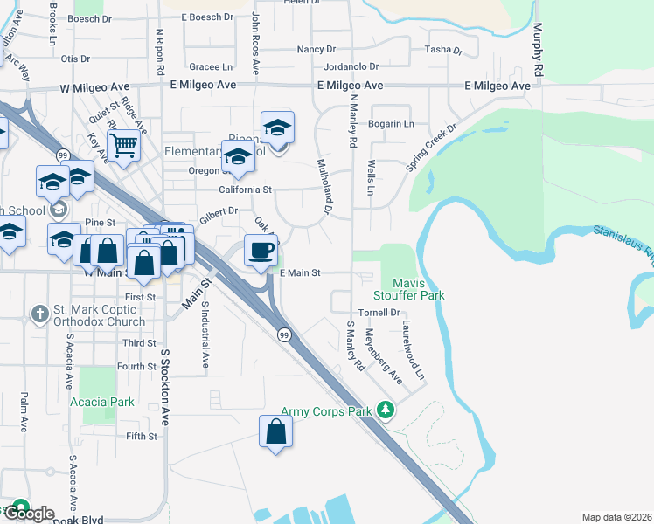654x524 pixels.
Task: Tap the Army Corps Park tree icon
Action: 385,410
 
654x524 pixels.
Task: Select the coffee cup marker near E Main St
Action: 261,252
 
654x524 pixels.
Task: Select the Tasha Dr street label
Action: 443,50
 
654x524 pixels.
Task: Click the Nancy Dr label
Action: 316,50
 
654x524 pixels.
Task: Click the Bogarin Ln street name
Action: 391,124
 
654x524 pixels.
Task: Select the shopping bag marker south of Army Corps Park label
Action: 275,431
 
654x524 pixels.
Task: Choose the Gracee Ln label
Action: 212,66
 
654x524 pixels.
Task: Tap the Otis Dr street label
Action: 76,59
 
